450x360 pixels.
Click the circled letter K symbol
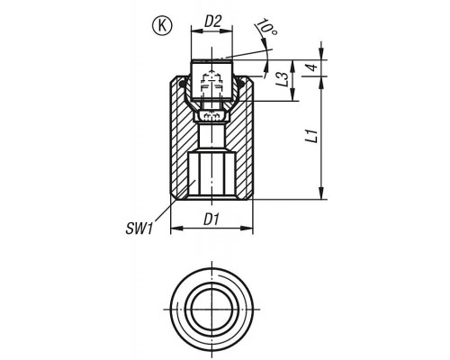point(163,26)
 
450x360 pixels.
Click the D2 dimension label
point(212,22)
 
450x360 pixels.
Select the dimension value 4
point(312,67)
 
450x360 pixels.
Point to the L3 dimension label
point(283,79)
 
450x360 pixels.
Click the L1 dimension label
point(312,136)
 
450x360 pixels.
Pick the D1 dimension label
point(212,220)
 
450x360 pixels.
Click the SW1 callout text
point(139,229)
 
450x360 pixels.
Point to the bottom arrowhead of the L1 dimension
point(321,193)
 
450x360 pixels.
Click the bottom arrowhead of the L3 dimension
point(292,94)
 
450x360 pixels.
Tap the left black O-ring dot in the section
point(182,85)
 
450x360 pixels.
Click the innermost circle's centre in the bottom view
point(211,310)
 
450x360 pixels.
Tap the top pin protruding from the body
point(211,80)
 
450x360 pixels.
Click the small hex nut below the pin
point(211,116)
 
